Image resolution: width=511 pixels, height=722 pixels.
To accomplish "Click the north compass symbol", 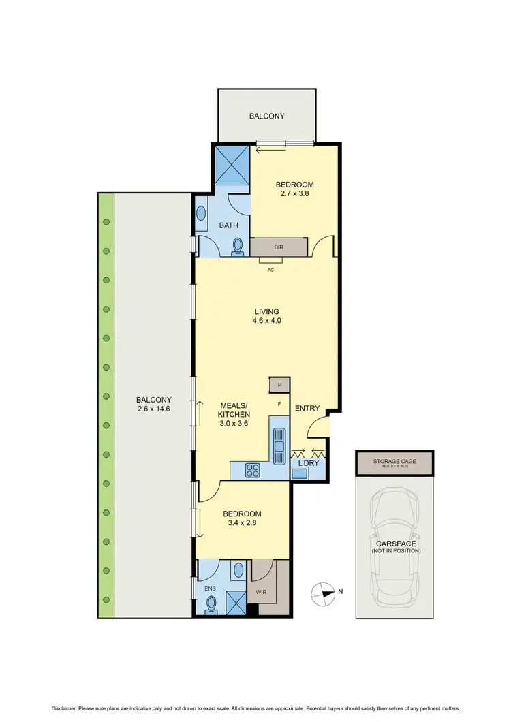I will [324, 593].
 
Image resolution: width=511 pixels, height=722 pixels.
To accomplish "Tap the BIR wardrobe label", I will [279, 247].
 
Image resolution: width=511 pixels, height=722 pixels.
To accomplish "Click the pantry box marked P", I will [279, 386].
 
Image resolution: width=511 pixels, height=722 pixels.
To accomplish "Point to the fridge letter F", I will [279, 405].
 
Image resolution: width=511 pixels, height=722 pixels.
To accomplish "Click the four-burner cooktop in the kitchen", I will [252, 470].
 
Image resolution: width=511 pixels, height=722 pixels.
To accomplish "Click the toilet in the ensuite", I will [211, 603].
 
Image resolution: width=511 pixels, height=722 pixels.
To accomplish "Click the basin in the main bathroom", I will [202, 215].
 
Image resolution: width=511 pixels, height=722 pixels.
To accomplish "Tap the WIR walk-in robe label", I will [261, 592].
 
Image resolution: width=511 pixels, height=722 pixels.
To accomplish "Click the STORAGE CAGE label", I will [394, 462].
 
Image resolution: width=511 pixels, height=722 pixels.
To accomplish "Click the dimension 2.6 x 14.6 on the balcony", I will [153, 409].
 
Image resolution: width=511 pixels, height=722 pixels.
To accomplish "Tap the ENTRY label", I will [307, 408].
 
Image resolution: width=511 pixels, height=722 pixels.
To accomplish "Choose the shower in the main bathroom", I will [232, 164].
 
